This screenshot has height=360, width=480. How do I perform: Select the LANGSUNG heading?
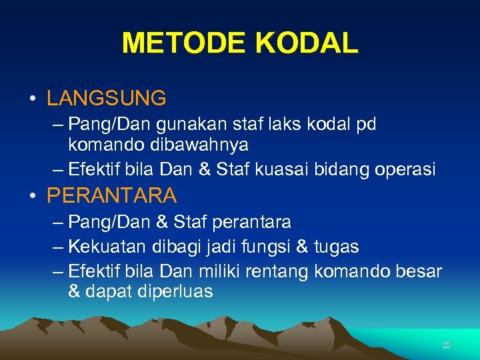coord(106,99)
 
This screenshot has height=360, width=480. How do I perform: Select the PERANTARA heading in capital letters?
coord(111,195)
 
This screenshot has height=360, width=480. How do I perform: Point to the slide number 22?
coord(446,345)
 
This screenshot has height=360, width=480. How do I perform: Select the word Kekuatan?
coord(101,247)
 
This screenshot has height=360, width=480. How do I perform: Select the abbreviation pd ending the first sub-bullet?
coord(367,124)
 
